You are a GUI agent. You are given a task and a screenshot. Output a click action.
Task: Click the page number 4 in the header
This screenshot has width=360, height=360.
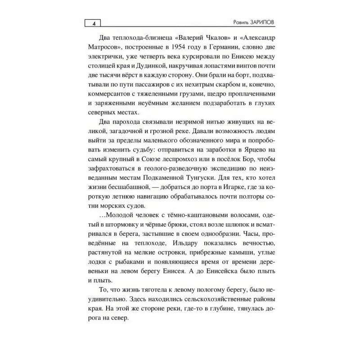coord(93,23)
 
